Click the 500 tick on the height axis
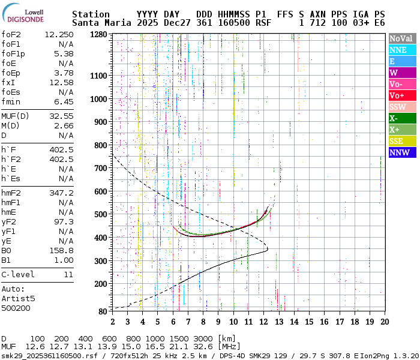100,214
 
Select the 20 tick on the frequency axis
384,321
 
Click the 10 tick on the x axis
233,321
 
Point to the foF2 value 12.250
59,34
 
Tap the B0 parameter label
6,250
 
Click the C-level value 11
68,274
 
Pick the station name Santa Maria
98,23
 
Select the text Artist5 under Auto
18,298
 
